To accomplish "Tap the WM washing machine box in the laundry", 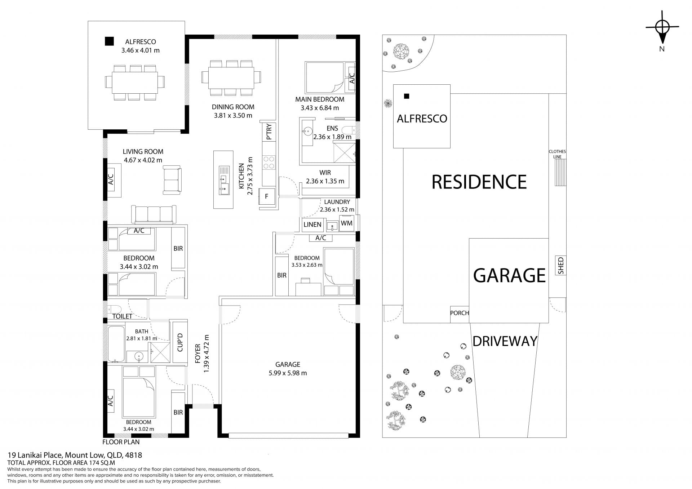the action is point(347,223).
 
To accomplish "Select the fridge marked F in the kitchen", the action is point(267,196).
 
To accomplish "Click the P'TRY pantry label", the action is point(269,132).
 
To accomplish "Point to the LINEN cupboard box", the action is point(312,225).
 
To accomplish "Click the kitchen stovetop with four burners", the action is point(269,162).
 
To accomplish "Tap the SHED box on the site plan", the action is point(561,266).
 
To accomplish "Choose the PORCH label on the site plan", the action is point(460,313).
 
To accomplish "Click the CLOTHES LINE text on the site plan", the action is point(557,154).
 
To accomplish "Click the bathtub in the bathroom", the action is point(116,344).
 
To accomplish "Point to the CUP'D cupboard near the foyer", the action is point(180,342).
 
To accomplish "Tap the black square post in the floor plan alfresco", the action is point(109,41).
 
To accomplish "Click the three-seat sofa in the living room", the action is point(154,214).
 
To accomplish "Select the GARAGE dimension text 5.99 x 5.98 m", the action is point(288,373).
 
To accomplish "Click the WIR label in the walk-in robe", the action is point(325,173).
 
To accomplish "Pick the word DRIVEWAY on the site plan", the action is point(505,341).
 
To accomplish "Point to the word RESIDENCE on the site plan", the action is point(479,182).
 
